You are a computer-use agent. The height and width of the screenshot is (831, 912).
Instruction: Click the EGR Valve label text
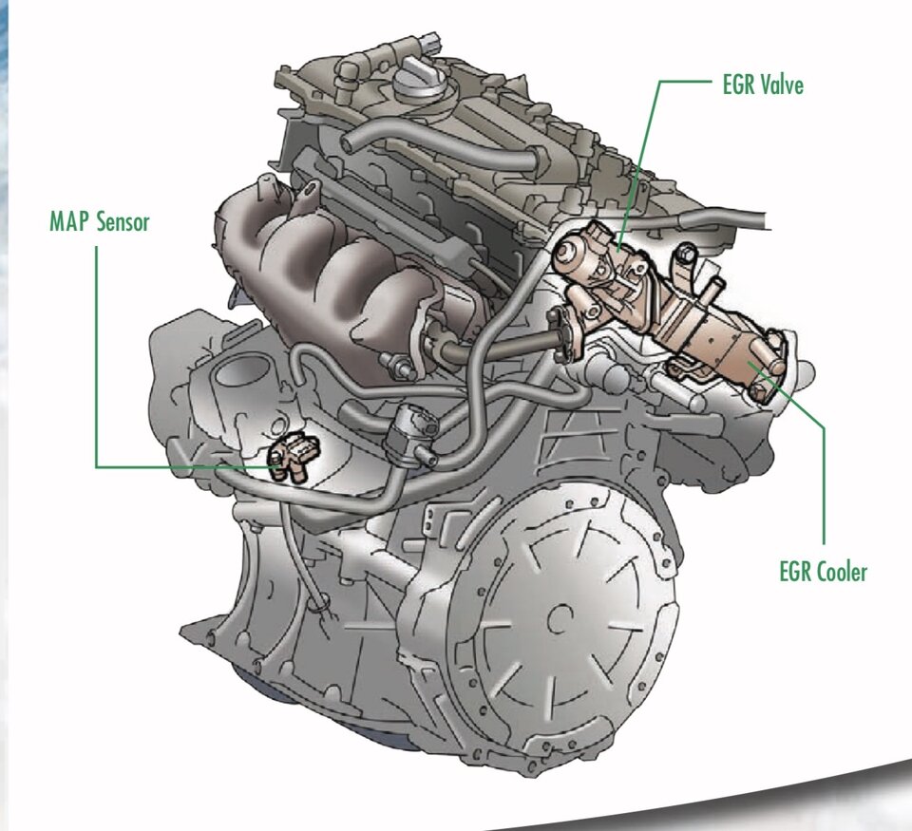click(x=763, y=85)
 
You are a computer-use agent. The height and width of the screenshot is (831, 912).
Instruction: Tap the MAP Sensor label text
click(x=100, y=221)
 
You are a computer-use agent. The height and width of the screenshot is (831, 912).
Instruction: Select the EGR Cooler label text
click(x=823, y=572)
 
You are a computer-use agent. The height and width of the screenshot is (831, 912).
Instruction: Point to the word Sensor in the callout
click(x=123, y=221)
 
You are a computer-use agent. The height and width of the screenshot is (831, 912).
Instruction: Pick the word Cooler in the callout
click(x=840, y=572)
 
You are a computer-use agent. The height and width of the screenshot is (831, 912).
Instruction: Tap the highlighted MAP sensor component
click(x=294, y=457)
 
